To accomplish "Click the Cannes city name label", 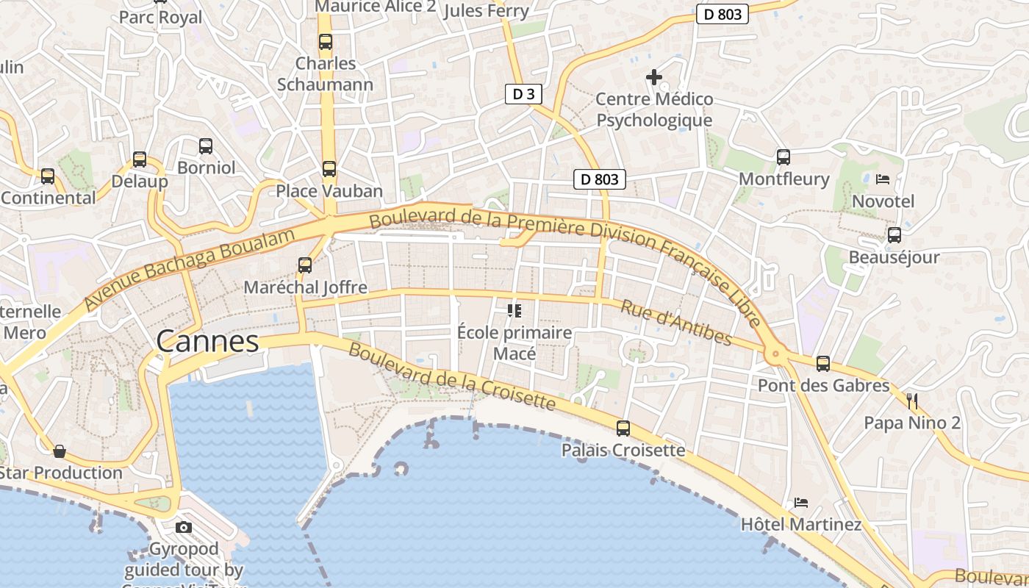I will click(x=207, y=342).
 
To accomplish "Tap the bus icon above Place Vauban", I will click(x=329, y=169).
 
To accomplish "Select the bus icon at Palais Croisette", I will click(x=623, y=428).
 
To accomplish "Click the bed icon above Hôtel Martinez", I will click(x=801, y=503).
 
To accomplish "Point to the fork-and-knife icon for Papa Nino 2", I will click(x=912, y=401).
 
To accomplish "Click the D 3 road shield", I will click(x=524, y=94).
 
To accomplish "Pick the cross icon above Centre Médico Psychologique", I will click(x=653, y=76).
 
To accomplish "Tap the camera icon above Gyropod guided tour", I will click(x=184, y=527).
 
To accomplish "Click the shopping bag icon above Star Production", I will click(x=60, y=451).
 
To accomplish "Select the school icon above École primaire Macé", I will click(x=514, y=311).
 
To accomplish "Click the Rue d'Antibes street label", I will click(x=676, y=322).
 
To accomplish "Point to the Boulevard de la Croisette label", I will click(x=451, y=376).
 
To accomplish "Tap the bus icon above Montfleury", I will click(x=784, y=157).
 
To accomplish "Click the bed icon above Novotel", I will click(x=883, y=179).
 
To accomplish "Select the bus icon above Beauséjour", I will click(x=894, y=235).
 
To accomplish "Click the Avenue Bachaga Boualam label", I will click(x=190, y=268).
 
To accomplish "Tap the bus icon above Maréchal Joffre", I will click(x=305, y=265).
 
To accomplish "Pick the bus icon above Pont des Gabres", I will click(x=823, y=363).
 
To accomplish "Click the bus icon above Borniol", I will click(x=206, y=146).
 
